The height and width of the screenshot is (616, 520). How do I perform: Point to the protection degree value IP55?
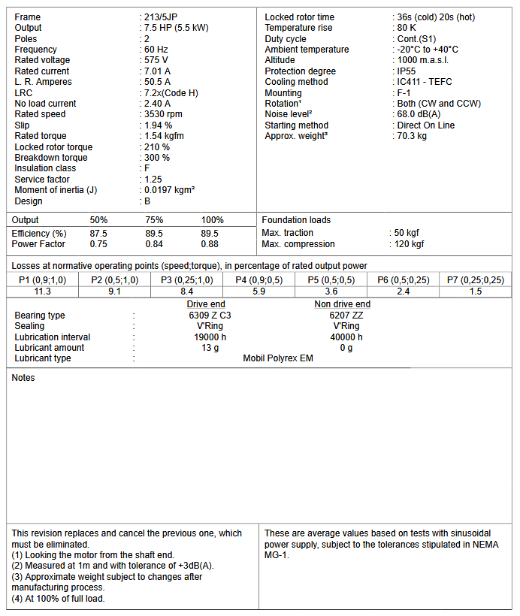click(x=408, y=71)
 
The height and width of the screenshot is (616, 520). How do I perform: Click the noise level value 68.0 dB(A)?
click(x=420, y=114)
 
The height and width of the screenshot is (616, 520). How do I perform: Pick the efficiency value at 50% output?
click(x=98, y=234)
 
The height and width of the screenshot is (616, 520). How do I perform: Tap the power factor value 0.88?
click(x=210, y=244)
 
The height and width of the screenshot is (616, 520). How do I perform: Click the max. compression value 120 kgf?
click(x=409, y=244)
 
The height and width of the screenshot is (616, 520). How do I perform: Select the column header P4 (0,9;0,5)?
click(x=259, y=280)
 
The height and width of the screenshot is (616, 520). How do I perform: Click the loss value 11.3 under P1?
click(x=43, y=291)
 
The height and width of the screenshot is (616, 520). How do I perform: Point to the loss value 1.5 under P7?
click(x=476, y=291)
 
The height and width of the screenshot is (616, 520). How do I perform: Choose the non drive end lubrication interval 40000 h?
click(x=346, y=337)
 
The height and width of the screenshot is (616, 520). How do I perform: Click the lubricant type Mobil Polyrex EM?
click(x=278, y=358)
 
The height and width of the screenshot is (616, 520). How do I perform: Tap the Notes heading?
click(x=23, y=378)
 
